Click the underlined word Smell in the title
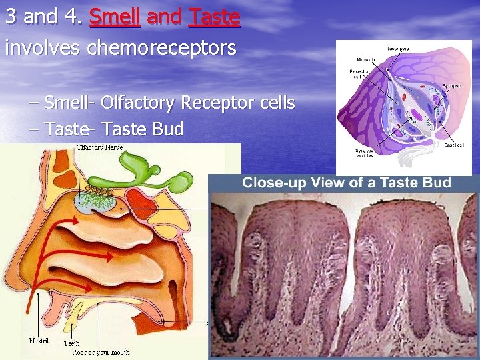115,16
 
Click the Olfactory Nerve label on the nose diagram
99,147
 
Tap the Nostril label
39,341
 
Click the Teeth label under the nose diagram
71,343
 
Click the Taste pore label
399,49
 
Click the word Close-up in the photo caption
274,183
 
